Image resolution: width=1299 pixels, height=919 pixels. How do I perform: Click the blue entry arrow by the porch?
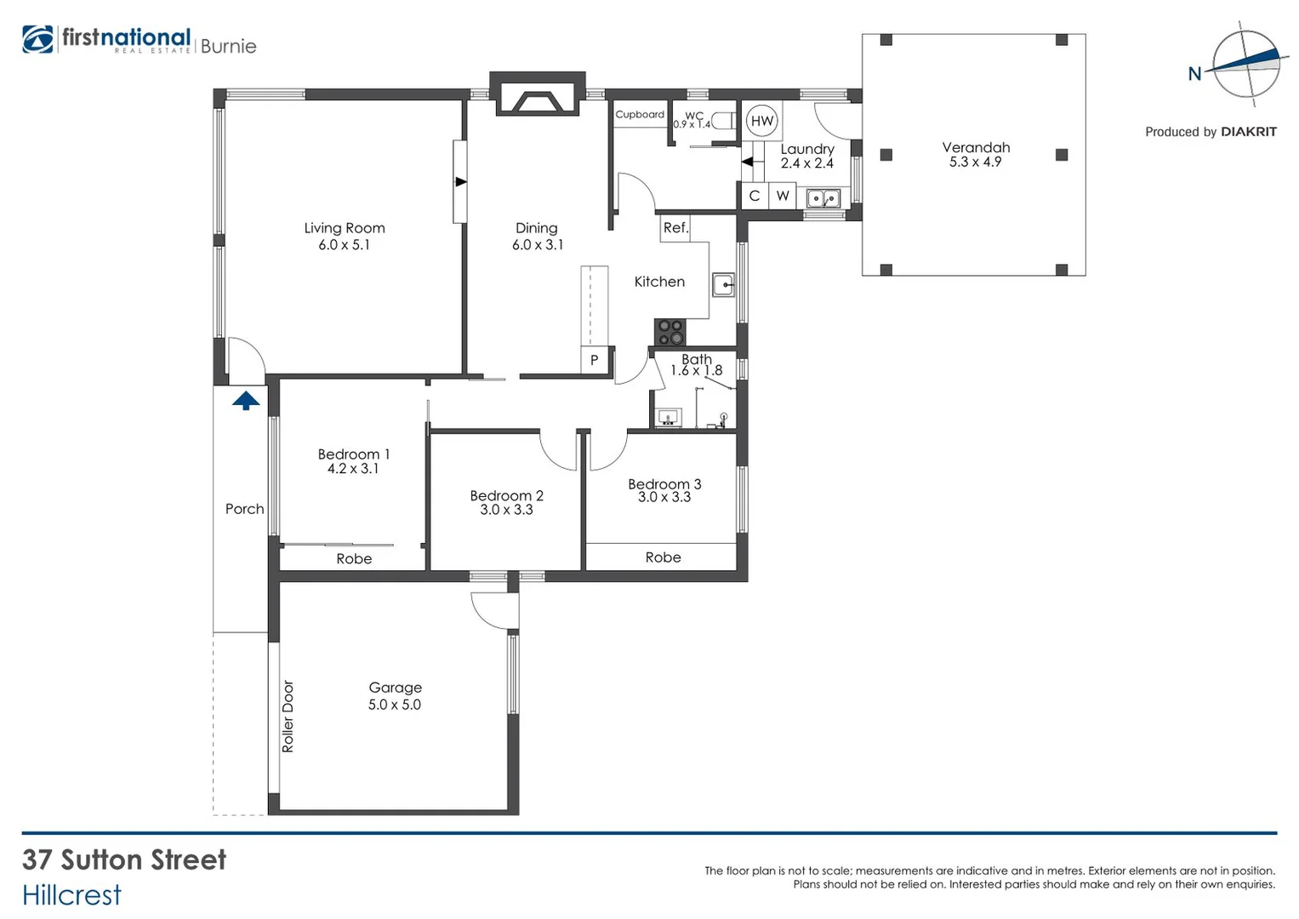tap(246, 400)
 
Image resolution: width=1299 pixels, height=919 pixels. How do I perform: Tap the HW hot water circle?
tap(762, 121)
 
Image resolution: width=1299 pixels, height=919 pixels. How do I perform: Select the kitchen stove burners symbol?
tap(669, 332)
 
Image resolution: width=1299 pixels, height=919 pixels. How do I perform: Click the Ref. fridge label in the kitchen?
tap(675, 228)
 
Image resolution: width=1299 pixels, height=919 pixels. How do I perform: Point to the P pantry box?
tap(594, 360)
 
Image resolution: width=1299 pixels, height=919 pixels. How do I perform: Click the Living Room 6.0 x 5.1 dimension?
tap(344, 245)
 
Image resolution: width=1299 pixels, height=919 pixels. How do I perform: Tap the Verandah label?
tap(976, 147)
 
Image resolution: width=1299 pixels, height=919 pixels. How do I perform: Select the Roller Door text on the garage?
tap(288, 716)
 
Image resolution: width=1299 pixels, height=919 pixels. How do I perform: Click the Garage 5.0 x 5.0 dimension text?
tap(394, 705)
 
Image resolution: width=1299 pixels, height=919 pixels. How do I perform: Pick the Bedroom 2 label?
tap(506, 495)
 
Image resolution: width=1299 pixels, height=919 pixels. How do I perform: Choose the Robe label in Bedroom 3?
tap(663, 557)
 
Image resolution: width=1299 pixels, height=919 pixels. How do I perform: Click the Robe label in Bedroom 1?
tap(354, 559)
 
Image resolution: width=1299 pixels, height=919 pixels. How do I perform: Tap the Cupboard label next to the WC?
tap(640, 114)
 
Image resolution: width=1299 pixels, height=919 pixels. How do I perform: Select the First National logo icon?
tap(38, 40)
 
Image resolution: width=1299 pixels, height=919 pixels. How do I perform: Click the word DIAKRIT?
tap(1248, 132)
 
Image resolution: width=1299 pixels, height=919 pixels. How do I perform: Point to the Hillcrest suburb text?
tap(72, 895)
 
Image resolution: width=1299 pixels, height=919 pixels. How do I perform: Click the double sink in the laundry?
tap(823, 199)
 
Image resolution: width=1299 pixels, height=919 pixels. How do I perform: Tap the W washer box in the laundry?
tap(783, 197)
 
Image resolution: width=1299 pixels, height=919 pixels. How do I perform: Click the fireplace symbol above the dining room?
tap(538, 100)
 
